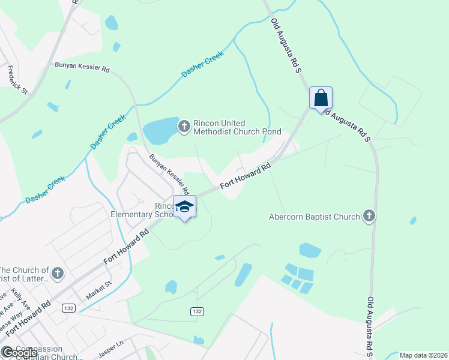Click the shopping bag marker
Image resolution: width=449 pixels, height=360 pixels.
[321, 98]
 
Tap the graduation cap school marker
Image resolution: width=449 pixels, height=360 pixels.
[184, 207]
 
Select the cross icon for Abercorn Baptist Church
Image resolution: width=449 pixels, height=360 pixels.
[369, 216]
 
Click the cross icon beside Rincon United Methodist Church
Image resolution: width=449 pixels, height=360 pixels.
[184, 125]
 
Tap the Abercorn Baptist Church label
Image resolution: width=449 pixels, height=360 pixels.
[315, 217]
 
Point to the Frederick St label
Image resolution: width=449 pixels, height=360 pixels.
[17, 80]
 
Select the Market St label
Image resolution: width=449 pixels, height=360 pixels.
[99, 290]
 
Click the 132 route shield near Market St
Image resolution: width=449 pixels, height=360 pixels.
[68, 308]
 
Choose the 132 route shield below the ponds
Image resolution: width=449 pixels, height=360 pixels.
[197, 311]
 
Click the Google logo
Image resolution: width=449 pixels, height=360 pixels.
[19, 352]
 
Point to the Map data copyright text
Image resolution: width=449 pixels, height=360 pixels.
[424, 355]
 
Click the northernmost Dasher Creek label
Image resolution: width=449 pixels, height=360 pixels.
[202, 64]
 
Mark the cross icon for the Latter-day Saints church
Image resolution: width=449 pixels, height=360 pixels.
[58, 274]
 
